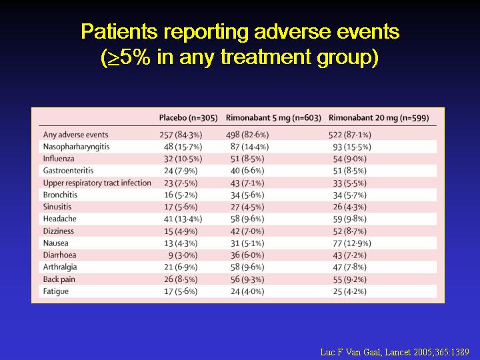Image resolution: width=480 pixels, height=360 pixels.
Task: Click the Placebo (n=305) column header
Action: (188, 118)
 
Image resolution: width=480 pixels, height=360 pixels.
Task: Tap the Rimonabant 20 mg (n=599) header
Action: (377, 118)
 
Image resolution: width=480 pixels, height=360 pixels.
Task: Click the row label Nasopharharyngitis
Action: (76, 147)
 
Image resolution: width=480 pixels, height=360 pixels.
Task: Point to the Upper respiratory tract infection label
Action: (97, 183)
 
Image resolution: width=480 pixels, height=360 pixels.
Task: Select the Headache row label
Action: (59, 219)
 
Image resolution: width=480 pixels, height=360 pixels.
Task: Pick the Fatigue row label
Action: (57, 291)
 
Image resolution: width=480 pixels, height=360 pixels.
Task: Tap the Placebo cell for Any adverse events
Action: (180, 135)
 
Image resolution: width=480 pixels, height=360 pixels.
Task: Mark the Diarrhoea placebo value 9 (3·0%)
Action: (184, 255)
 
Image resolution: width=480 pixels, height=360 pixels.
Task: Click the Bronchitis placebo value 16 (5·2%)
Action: (182, 195)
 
